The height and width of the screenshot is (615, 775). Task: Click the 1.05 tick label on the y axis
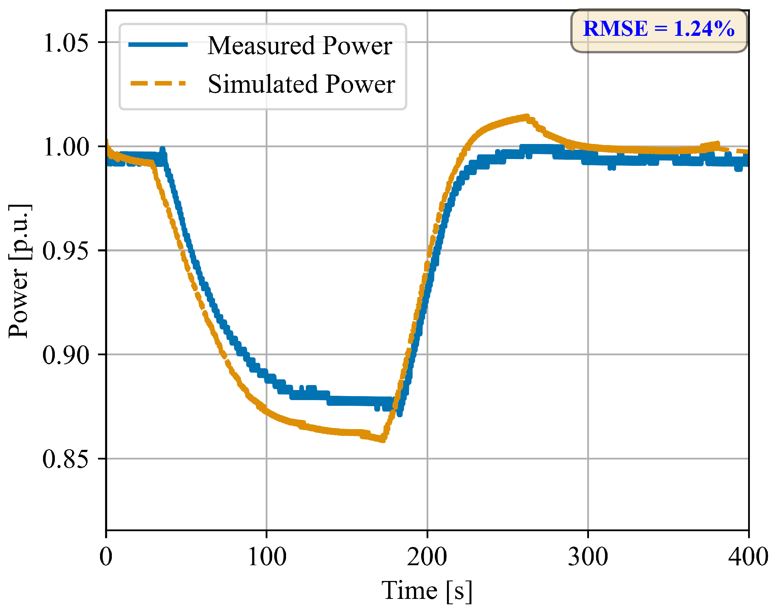tap(66, 43)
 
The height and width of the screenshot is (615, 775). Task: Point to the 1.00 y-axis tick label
tap(66, 147)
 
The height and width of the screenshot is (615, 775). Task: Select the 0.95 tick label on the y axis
tap(66, 251)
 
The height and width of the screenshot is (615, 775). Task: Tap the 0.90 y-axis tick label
tap(66, 355)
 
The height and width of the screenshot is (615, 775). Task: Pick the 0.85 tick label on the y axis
tap(66, 459)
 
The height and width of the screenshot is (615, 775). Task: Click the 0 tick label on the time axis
tap(106, 557)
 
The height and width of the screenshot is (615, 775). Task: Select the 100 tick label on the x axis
tap(267, 557)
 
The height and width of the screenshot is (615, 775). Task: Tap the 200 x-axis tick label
tap(427, 557)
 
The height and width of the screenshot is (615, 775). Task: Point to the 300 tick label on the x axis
tap(588, 557)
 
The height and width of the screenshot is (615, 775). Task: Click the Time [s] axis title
tap(427, 591)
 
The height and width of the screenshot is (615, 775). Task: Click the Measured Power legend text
tap(300, 45)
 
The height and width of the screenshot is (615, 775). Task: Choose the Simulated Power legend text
tap(301, 84)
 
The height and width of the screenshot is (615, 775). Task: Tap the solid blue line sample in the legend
tap(158, 44)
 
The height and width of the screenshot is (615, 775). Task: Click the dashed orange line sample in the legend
tap(158, 83)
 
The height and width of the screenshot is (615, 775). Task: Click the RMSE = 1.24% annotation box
tap(659, 30)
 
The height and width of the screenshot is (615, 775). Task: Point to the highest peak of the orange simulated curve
tap(527, 117)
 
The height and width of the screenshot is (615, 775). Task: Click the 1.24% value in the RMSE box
tap(704, 29)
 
